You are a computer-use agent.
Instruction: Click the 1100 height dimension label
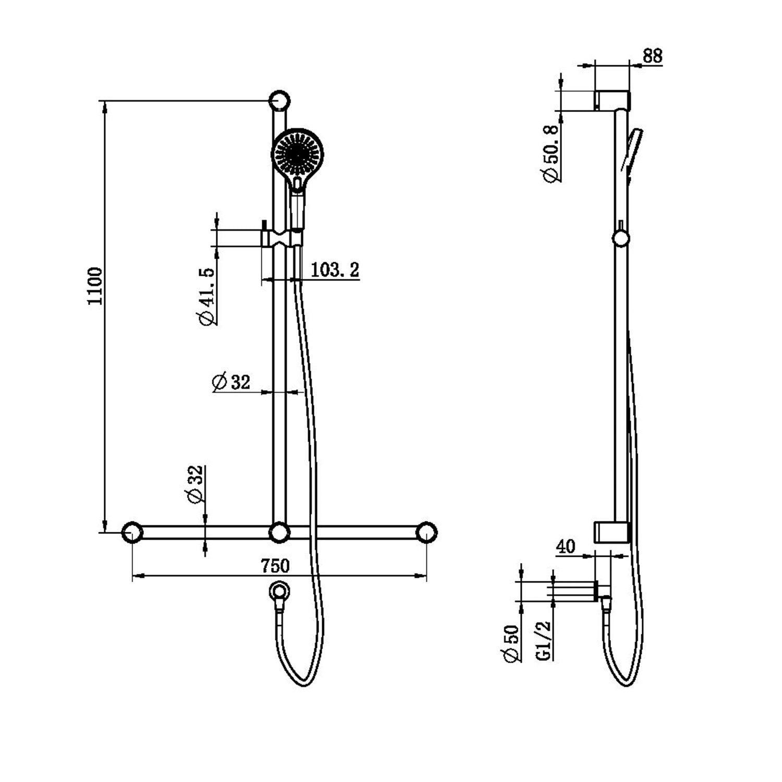tap(95, 286)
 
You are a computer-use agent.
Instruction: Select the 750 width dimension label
tap(275, 565)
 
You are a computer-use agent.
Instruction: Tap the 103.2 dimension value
tap(335, 270)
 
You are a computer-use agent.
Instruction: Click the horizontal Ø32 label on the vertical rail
tap(231, 382)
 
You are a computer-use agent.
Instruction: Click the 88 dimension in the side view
tap(652, 56)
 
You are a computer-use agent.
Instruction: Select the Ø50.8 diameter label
tap(551, 154)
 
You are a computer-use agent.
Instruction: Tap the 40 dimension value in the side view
tap(566, 546)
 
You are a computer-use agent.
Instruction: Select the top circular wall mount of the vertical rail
tap(279, 100)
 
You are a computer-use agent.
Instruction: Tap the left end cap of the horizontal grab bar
tap(132, 532)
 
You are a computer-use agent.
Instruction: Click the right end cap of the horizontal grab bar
tap(426, 532)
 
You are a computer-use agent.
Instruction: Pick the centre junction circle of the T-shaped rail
tap(279, 532)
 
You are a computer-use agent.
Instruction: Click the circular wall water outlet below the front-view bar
tap(280, 591)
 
